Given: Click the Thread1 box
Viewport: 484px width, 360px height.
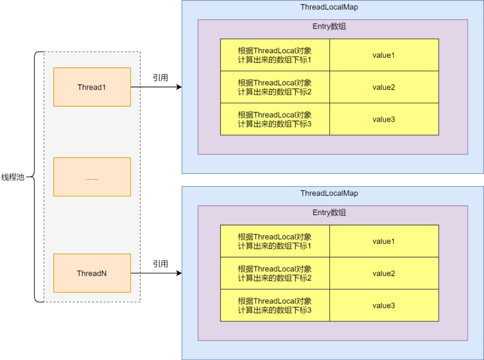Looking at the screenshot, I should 92,87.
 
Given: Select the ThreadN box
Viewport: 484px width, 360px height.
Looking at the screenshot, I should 92,273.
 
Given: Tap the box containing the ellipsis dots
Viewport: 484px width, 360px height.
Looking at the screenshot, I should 92,177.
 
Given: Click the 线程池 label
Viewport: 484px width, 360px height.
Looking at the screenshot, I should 13,177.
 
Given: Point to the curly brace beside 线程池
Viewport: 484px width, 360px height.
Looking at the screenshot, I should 36,177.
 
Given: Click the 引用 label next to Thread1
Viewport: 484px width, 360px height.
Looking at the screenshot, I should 160,78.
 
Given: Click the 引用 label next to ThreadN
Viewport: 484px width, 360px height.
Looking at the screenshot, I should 160,264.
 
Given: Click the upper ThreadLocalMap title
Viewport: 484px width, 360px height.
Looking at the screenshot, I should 329,7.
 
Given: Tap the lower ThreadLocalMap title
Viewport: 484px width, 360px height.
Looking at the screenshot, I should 329,193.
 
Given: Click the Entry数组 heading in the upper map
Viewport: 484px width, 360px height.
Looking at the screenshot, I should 329,26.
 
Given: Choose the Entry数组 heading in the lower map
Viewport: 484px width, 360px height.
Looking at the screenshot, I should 329,213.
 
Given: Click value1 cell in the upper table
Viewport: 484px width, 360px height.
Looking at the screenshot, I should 384,55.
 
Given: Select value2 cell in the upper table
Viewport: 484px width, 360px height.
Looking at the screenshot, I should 384,87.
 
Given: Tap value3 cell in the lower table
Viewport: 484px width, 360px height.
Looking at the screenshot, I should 384,305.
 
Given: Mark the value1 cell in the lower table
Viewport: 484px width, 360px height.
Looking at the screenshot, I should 384,241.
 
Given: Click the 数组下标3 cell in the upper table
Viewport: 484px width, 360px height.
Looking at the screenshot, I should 275,119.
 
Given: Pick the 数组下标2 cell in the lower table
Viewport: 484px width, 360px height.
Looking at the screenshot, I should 275,273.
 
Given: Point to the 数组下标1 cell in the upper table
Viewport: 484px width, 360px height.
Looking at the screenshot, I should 275,55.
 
